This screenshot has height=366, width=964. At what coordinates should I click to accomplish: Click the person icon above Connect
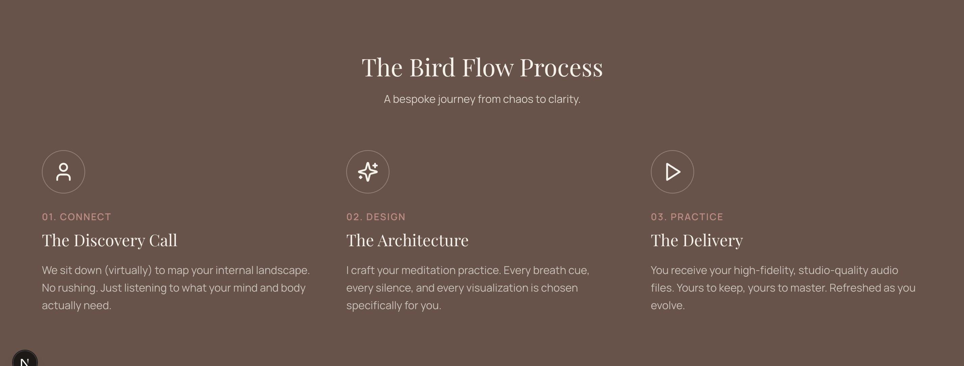coord(63,172)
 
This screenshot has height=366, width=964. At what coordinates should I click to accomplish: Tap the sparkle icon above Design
coord(368,172)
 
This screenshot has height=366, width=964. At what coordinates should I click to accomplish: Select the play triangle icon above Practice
coord(673,172)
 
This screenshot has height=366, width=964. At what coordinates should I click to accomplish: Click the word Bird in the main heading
coord(432,68)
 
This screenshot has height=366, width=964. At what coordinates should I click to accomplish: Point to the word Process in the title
coord(561,68)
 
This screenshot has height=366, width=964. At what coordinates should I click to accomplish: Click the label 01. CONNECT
coord(76,217)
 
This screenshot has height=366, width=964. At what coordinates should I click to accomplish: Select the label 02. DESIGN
coord(376,217)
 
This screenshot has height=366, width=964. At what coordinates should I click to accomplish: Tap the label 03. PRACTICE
coord(687,217)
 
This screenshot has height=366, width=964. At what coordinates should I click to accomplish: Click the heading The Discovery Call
coord(110,241)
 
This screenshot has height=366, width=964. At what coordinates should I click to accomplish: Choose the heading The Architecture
coord(407,241)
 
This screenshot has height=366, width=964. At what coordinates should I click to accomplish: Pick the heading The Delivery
coord(697,241)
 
